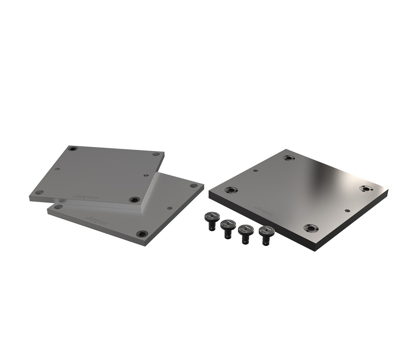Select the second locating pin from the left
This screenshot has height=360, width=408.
(228, 227)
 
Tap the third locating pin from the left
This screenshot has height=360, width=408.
(246, 233)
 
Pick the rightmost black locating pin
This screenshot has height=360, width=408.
(266, 234)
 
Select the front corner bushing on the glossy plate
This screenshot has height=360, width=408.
(311, 228)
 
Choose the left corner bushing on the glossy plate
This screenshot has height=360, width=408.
(231, 190)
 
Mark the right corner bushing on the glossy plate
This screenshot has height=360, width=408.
(366, 189)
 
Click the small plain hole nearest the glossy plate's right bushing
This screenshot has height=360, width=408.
(347, 211)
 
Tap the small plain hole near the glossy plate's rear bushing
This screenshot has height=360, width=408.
(255, 171)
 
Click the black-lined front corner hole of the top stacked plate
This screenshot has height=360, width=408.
(134, 200)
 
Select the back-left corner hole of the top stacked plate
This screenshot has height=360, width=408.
(73, 149)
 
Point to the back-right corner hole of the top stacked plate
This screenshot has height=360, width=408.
(156, 154)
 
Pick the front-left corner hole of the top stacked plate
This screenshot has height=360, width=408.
(39, 192)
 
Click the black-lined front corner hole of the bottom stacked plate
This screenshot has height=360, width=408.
(142, 234)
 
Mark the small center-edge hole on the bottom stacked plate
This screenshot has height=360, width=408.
(169, 208)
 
